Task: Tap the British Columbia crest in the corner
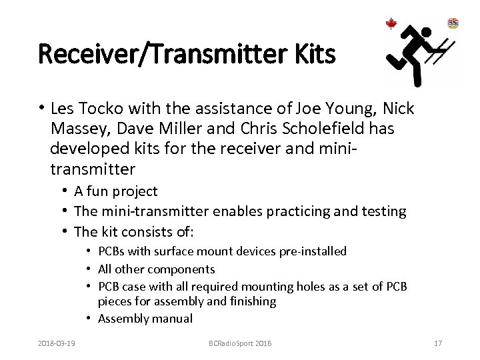click(x=453, y=23)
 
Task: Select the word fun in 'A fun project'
click(x=97, y=192)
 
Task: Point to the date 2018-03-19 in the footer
click(x=58, y=343)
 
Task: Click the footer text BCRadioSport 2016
click(x=239, y=343)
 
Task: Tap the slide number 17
click(x=437, y=343)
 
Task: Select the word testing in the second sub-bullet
click(x=383, y=211)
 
